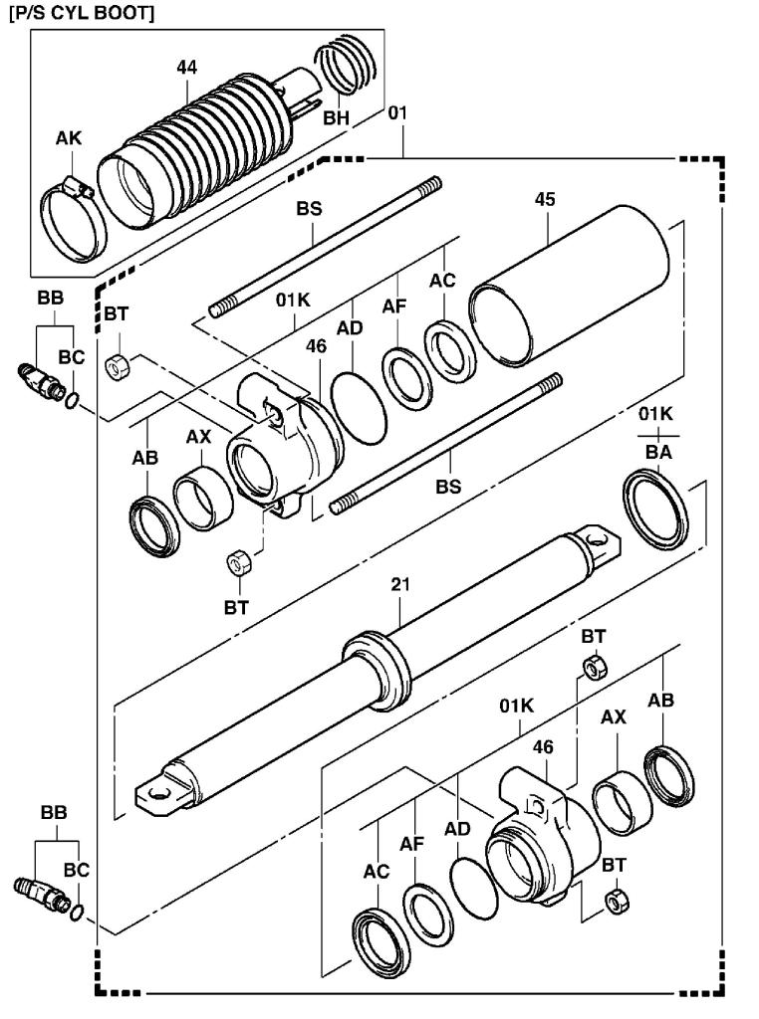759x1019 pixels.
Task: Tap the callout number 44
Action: coord(186,68)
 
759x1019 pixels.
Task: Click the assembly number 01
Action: coord(397,114)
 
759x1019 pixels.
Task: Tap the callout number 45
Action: coord(544,199)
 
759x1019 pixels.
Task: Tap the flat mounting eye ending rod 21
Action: coord(159,794)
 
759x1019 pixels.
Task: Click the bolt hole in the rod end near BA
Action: coord(599,539)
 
